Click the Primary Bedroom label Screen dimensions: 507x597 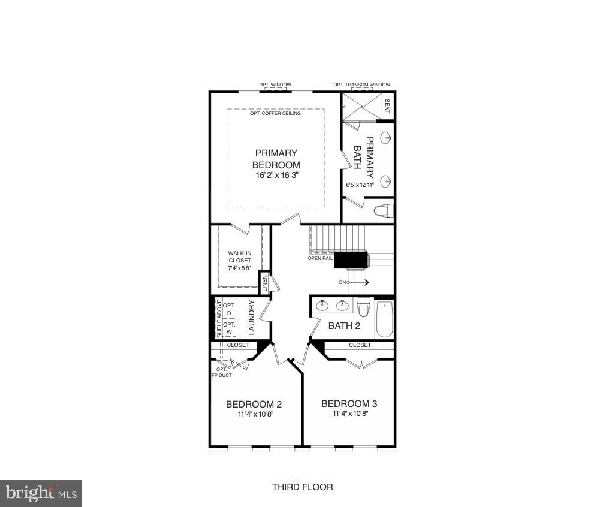point(276,159)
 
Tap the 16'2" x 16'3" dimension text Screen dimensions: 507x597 point(276,175)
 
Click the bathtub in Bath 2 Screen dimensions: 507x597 point(384,319)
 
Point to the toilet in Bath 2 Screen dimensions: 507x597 point(363,307)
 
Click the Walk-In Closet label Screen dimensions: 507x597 point(240,261)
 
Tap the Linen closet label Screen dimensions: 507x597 point(264,283)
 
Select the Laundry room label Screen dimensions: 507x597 point(252,318)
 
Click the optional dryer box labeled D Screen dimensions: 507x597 point(228,309)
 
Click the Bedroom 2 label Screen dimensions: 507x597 point(254,404)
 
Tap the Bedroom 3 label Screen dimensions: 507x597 point(349,404)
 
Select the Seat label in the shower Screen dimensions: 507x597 point(387,106)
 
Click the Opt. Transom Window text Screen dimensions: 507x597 point(361,85)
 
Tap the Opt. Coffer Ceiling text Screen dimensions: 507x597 point(276,113)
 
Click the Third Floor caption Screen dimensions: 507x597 point(302,487)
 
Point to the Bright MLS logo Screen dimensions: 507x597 point(41,493)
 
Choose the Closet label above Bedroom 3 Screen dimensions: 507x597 point(360,345)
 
